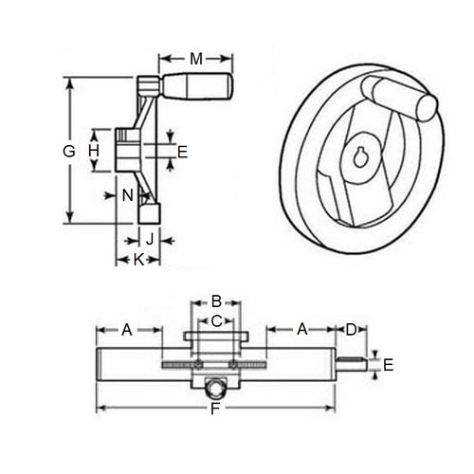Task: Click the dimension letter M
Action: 195,59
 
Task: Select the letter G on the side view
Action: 67,151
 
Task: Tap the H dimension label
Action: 94,151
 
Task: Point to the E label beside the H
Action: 183,151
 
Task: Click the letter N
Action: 127,195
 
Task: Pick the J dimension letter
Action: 149,236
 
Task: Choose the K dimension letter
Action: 137,258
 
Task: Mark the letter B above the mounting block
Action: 215,301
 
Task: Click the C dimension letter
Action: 215,321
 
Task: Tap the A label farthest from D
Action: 126,329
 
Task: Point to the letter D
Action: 350,329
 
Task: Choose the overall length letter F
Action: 215,409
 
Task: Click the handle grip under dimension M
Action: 199,87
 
